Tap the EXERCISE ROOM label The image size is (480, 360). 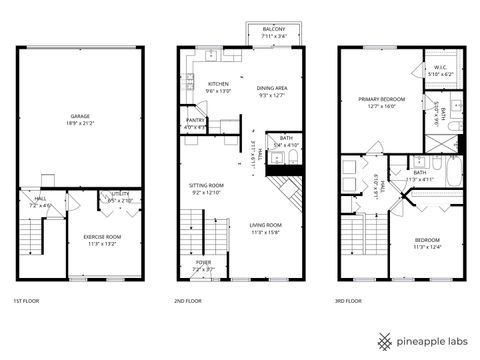(x=101, y=236)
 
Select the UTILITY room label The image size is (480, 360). (x=120, y=195)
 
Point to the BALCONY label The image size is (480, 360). (x=273, y=31)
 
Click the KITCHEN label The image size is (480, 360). (x=218, y=84)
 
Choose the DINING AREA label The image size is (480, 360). (x=272, y=88)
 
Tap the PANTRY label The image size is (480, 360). (x=196, y=121)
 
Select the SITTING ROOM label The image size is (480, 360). (x=207, y=185)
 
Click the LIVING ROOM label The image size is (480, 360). (x=265, y=225)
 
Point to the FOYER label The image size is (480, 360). (x=203, y=263)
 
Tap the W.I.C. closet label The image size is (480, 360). (x=441, y=67)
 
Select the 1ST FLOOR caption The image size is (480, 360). (x=25, y=301)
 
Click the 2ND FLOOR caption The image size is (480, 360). (x=189, y=301)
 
